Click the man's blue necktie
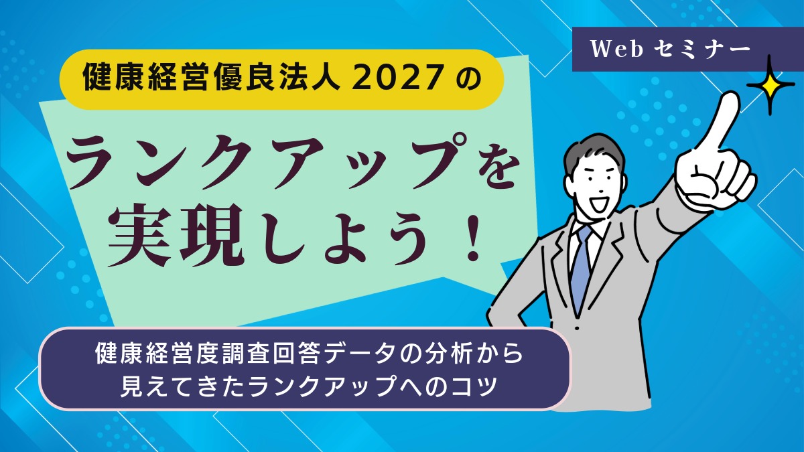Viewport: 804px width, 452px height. (580, 268)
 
